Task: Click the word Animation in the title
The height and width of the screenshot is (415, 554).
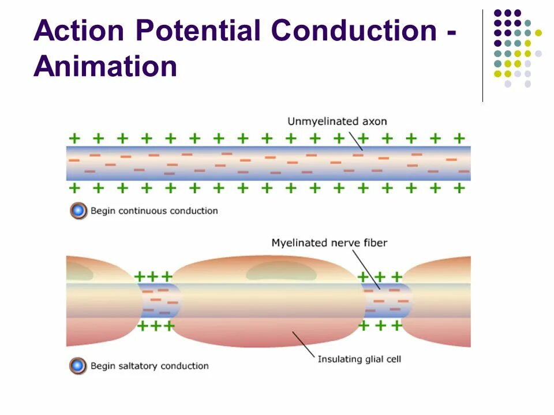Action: (x=105, y=66)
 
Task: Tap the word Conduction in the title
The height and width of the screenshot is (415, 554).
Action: (x=353, y=31)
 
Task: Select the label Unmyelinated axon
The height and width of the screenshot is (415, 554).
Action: (x=337, y=122)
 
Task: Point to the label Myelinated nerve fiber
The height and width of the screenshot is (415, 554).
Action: (x=329, y=243)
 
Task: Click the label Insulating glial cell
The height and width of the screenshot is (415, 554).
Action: (x=359, y=359)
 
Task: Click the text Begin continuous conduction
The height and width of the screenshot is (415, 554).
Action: (x=154, y=211)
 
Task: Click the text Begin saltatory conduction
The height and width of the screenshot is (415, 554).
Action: (x=149, y=366)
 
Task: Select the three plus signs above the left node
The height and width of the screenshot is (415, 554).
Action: (x=154, y=277)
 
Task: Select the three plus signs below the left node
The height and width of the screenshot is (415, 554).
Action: (x=154, y=326)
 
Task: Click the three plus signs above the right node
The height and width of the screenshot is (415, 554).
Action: (x=379, y=277)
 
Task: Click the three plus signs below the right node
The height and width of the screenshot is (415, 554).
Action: (x=380, y=326)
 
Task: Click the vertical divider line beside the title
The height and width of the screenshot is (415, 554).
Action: (x=482, y=55)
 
